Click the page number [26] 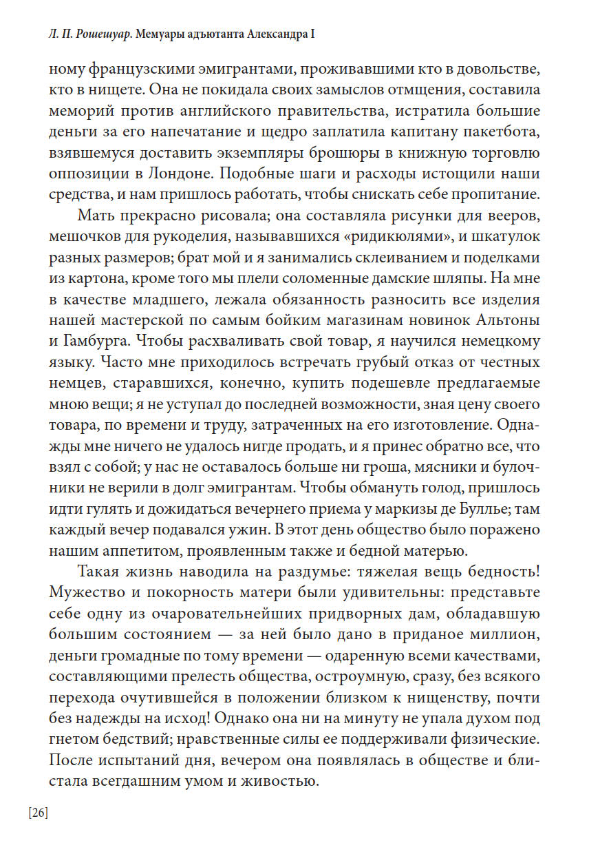coord(39,813)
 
